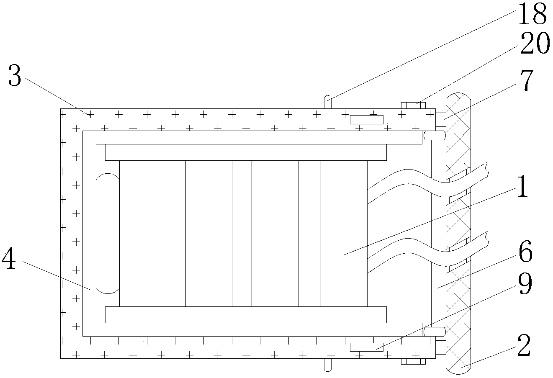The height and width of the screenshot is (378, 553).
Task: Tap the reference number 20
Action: [534, 44]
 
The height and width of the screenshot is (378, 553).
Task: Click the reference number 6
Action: [525, 253]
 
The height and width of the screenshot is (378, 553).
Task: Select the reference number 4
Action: [9, 259]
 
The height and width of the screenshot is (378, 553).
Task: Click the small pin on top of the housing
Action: [328, 102]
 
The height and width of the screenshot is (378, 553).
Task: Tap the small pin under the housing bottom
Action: [328, 365]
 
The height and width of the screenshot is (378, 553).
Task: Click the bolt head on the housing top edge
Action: [413, 105]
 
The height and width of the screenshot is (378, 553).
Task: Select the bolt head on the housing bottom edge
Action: [413, 361]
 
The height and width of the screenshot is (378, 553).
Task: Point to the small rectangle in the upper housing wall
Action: [366, 120]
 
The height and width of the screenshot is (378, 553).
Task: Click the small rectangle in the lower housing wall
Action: [366, 347]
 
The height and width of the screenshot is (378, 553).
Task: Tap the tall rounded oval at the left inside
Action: [108, 234]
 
